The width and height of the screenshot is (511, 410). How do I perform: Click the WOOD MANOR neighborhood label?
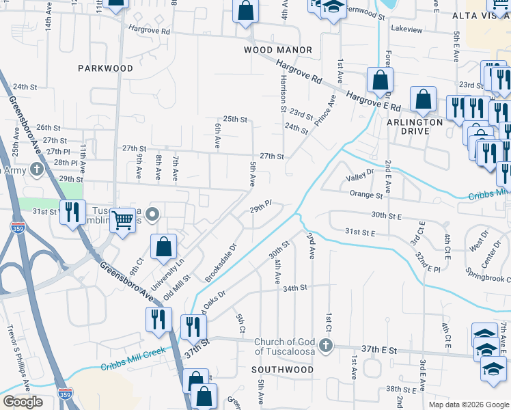tap(278, 50)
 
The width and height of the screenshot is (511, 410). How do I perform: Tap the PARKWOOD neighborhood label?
tap(105, 68)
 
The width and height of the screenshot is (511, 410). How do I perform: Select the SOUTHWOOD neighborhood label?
tap(282, 370)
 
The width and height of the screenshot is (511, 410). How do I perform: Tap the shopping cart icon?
tap(122, 220)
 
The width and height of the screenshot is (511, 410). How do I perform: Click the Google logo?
tap(23, 402)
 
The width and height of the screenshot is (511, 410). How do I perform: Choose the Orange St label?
tap(366, 195)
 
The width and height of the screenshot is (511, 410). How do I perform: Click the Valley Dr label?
tap(360, 176)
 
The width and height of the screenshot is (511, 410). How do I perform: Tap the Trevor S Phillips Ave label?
tap(18, 366)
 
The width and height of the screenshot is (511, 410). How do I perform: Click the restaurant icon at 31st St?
tap(72, 212)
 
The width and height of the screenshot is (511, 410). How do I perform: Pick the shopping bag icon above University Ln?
tap(164, 247)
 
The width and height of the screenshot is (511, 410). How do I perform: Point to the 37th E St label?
tap(380, 349)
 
